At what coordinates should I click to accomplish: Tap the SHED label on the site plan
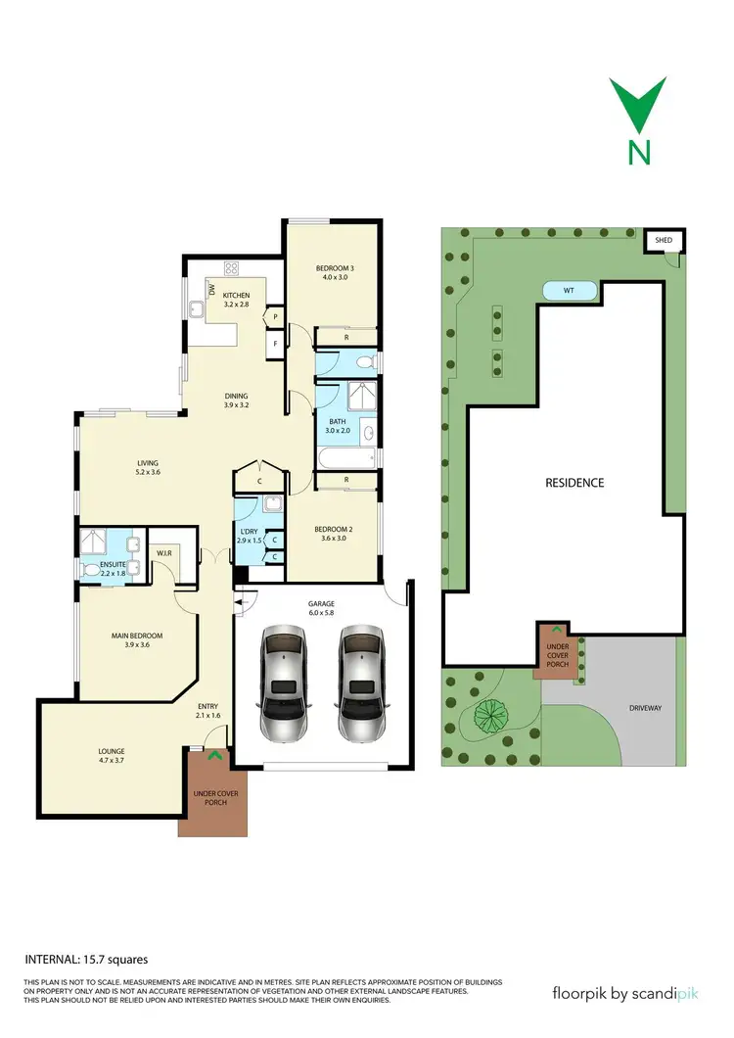(x=664, y=239)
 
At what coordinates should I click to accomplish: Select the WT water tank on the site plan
(x=568, y=290)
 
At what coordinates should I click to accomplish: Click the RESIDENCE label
(x=574, y=483)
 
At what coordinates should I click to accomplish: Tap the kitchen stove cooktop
(x=233, y=267)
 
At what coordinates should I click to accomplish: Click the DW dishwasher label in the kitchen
(x=210, y=288)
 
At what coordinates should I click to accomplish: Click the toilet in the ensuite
(x=92, y=568)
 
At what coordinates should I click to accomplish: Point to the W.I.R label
(x=164, y=552)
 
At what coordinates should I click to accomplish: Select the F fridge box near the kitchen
(x=276, y=344)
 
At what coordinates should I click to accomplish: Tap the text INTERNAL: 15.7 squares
(x=85, y=961)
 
